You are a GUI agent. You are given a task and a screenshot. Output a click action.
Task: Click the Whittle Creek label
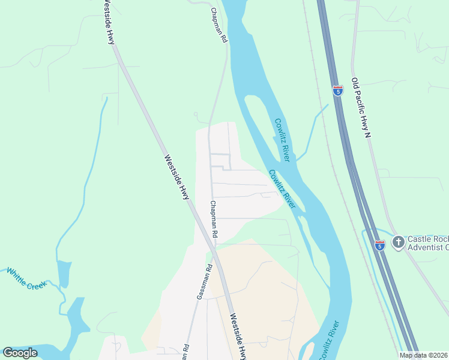pyautogui.click(x=26, y=280)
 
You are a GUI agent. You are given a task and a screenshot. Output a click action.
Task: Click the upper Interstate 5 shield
pyautogui.click(x=338, y=91)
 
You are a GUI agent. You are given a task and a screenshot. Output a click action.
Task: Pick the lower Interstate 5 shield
pyautogui.click(x=379, y=245)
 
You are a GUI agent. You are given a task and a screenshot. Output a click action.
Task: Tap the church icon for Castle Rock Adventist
pyautogui.click(x=397, y=242)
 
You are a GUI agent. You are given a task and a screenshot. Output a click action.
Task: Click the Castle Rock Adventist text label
pyautogui.click(x=428, y=242)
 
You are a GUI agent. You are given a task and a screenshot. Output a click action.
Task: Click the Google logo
pyautogui.click(x=20, y=353)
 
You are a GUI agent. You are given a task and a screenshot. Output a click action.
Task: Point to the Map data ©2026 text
pyautogui.click(x=423, y=355)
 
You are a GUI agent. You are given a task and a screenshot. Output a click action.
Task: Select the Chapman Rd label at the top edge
pyautogui.click(x=218, y=25)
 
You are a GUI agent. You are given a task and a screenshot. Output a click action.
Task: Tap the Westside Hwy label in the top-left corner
pyautogui.click(x=108, y=22)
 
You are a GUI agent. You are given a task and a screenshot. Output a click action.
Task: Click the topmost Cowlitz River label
pyautogui.click(x=283, y=139)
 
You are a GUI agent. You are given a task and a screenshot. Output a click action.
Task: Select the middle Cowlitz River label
pyautogui.click(x=282, y=190)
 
